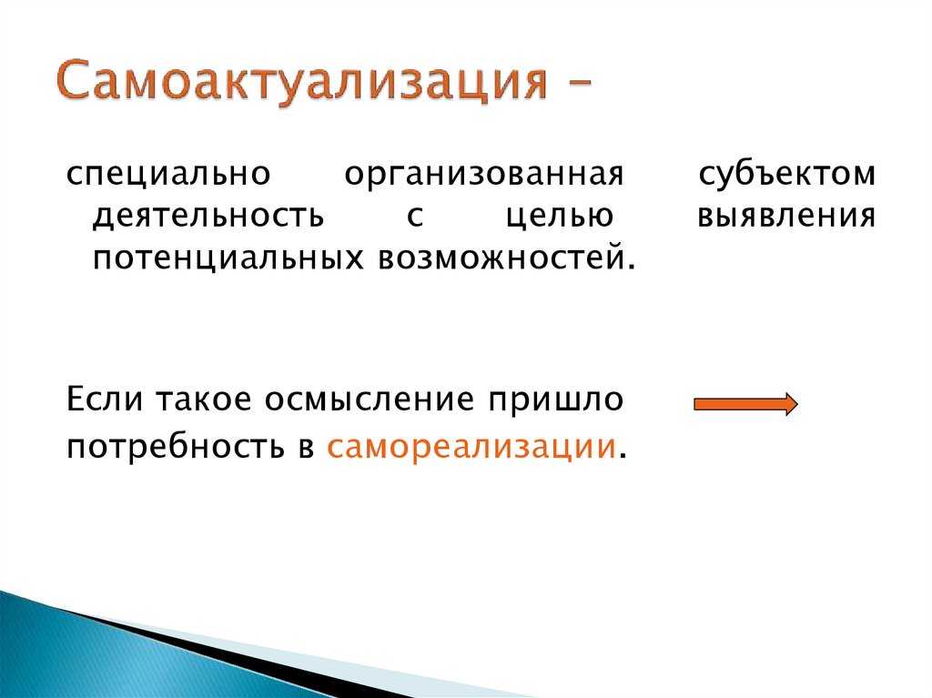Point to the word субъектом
pyautogui.click(x=787, y=174)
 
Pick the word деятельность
pyautogui.click(x=208, y=216)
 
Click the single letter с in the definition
pyautogui.click(x=415, y=217)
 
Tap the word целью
pyautogui.click(x=560, y=217)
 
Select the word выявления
pyautogui.click(x=786, y=217)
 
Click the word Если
pyautogui.click(x=105, y=399)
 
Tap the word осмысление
pyautogui.click(x=370, y=400)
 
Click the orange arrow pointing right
pyautogui.click(x=746, y=404)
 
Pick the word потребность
pyautogui.click(x=176, y=447)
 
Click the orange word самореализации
pyautogui.click(x=471, y=447)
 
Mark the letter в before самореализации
pyautogui.click(x=307, y=448)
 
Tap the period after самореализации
pyautogui.click(x=623, y=456)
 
